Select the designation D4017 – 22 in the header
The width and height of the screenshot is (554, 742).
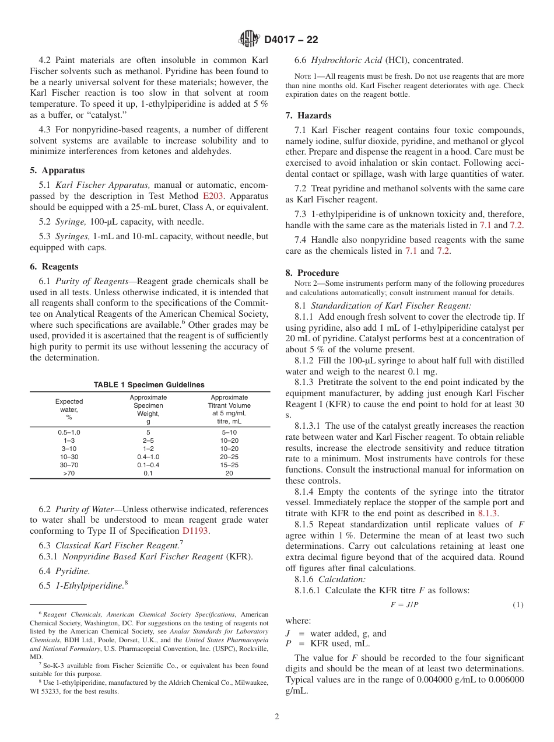pyautogui.click(x=291, y=40)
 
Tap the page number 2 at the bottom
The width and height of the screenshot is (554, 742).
pyautogui.click(x=277, y=717)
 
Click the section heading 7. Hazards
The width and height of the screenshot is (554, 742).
pyautogui.click(x=308, y=116)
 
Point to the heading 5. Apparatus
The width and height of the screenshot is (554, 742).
pyautogui.click(x=57, y=170)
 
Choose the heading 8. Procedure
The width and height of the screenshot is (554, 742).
pyautogui.click(x=312, y=273)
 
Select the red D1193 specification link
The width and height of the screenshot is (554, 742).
pyautogui.click(x=196, y=531)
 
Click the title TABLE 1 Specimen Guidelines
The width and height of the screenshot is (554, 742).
pyautogui.click(x=149, y=384)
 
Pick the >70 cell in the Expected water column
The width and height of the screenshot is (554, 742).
pyautogui.click(x=69, y=474)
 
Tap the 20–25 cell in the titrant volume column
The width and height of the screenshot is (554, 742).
pyautogui.click(x=229, y=457)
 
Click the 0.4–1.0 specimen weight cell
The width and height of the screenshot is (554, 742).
pyautogui.click(x=148, y=457)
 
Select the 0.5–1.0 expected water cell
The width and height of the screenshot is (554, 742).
pyautogui.click(x=69, y=432)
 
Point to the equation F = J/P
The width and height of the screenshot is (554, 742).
pyautogui.click(x=404, y=605)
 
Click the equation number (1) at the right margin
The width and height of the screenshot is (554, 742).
pyautogui.click(x=518, y=605)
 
